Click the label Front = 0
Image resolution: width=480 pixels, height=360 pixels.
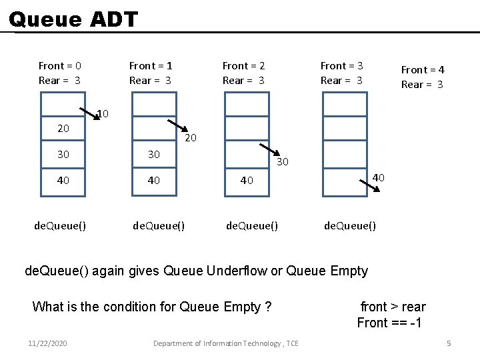(60, 65)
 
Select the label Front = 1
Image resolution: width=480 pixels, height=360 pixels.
(151, 65)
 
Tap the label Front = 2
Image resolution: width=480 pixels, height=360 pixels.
(243, 65)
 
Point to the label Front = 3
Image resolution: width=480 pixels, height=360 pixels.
(341, 65)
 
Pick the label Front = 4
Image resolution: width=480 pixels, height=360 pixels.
(423, 69)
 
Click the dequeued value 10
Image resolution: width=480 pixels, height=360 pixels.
(103, 114)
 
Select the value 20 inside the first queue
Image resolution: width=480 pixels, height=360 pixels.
(63, 128)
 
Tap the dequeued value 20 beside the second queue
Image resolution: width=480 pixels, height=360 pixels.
(190, 138)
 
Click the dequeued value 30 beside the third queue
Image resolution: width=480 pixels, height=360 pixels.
(283, 161)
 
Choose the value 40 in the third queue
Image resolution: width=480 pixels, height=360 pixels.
(247, 180)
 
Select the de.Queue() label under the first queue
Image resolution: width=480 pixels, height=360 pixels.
(60, 225)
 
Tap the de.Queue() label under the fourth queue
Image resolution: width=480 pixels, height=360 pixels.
(350, 225)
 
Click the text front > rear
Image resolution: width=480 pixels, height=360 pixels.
(393, 307)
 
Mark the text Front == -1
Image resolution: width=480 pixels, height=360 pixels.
(391, 323)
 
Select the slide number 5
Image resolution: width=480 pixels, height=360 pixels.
(449, 343)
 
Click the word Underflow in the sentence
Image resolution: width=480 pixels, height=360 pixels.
(236, 271)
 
